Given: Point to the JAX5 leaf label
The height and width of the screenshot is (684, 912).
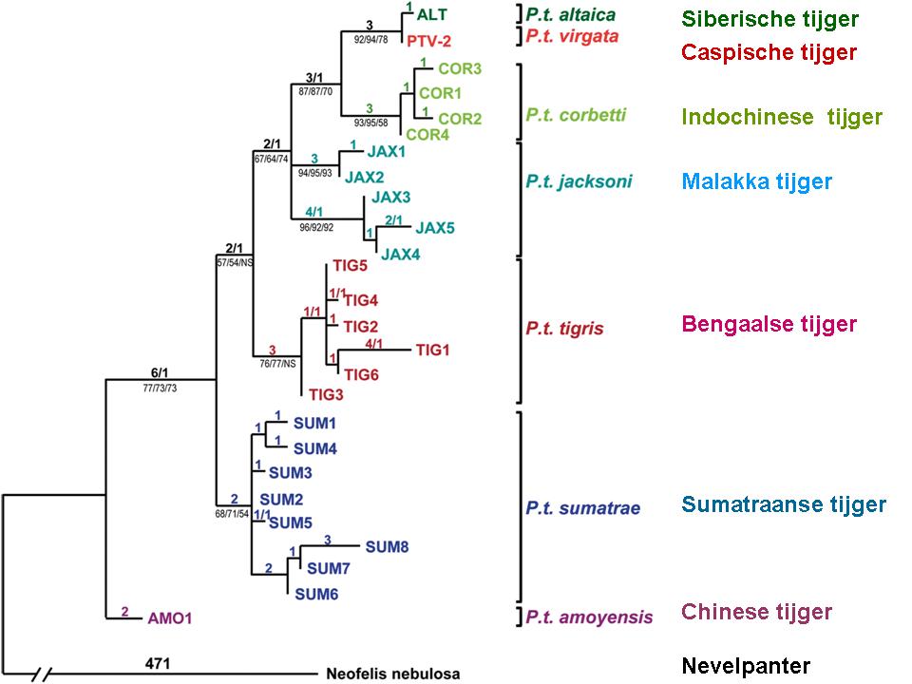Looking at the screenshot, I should tap(436, 229).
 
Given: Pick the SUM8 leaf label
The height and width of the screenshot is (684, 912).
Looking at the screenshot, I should tap(387, 546).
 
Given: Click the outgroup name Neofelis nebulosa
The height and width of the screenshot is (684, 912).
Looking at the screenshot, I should tap(393, 674).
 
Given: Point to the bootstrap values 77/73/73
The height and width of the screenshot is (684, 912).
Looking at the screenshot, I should tap(161, 389).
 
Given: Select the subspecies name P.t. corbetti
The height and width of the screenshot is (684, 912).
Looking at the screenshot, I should tap(576, 115).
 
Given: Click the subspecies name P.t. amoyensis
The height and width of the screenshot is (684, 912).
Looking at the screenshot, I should tap(589, 618).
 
